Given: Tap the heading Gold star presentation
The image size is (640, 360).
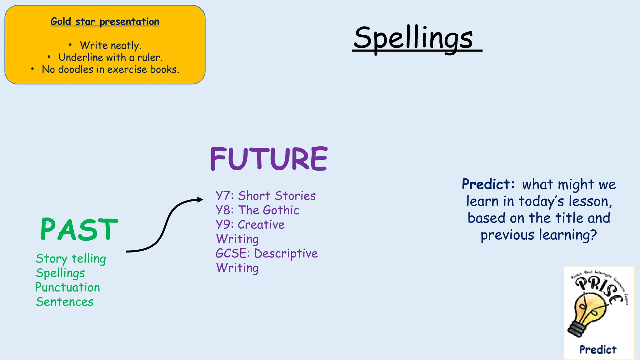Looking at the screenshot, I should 105,22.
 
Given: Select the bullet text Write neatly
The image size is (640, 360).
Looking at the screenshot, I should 111,45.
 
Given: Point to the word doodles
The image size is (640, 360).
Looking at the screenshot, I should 76,69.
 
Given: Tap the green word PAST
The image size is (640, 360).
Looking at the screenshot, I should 79,230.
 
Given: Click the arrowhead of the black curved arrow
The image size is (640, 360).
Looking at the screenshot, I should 200,199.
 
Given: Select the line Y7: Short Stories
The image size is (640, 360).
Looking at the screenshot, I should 266,196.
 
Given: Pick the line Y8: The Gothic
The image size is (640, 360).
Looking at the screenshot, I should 257,210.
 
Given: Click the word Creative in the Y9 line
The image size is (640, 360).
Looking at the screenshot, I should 261,225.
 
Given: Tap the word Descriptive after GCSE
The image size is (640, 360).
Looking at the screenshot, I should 286,253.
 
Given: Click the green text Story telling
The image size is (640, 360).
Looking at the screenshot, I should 71,259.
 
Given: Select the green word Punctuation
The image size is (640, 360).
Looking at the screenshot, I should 68,287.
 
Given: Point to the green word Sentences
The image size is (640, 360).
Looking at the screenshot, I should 65,302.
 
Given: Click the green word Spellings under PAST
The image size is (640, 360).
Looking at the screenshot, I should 60,273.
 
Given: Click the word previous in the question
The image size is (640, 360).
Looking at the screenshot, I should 507,235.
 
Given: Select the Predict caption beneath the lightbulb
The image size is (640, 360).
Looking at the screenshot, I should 598,349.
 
